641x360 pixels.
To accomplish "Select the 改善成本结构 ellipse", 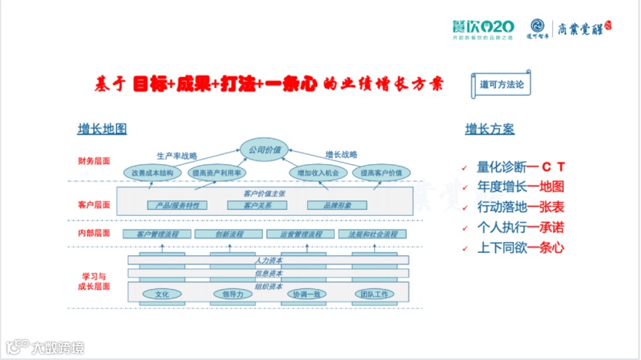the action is pos(152,173).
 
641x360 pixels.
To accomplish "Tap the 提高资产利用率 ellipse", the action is pos(217,173).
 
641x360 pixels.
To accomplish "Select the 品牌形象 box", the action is pos(336,205).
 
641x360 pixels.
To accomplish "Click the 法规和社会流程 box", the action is pos(373,234).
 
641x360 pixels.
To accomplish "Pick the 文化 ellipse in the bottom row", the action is pos(162,294).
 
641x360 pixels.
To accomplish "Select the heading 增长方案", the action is pos(489,129).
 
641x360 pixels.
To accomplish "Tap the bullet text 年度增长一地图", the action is pos(521,187).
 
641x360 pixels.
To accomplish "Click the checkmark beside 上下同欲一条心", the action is pos(464,249).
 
